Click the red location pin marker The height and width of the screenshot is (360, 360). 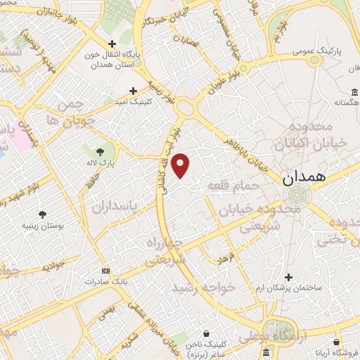pyautogui.click(x=181, y=165)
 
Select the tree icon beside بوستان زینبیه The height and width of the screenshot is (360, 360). pyautogui.click(x=44, y=214)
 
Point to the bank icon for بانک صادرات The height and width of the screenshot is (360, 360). pyautogui.click(x=105, y=271)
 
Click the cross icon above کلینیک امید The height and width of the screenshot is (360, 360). pyautogui.click(x=134, y=91)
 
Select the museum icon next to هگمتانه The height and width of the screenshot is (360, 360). pyautogui.click(x=352, y=92)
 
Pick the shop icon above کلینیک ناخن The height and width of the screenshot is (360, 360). pyautogui.click(x=205, y=334)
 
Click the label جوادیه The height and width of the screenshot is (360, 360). pyautogui.click(x=53, y=268)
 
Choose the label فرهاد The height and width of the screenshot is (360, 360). pyautogui.click(x=224, y=260)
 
